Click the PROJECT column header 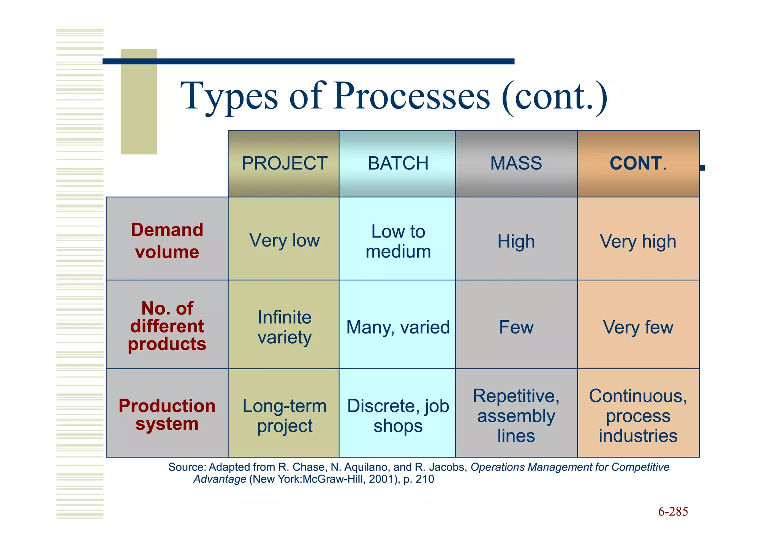[x=284, y=164]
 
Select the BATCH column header [x=398, y=164]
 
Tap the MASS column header [x=516, y=164]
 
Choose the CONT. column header [x=638, y=164]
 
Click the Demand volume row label [x=167, y=241]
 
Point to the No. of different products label [x=167, y=326]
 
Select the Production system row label [x=167, y=414]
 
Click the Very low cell [x=284, y=241]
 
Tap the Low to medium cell [x=398, y=241]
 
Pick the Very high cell [x=638, y=241]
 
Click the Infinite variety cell [x=284, y=327]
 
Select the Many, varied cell [x=398, y=327]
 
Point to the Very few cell [x=638, y=327]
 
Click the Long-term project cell [x=284, y=415]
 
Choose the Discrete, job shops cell [x=398, y=415]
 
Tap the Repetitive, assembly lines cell [x=516, y=415]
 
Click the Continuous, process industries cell [x=638, y=415]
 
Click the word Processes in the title [x=412, y=96]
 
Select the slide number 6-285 [x=673, y=511]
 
